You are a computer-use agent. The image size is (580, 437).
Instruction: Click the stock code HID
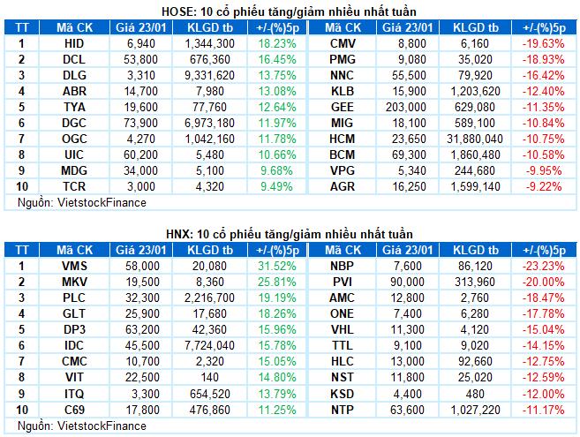coord(75,42)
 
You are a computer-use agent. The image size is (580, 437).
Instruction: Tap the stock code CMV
coord(343,42)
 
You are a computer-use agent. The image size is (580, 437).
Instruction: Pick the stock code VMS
coord(75,265)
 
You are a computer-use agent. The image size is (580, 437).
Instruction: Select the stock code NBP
coord(343,265)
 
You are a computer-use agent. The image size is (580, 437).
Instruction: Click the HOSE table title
coord(290,11)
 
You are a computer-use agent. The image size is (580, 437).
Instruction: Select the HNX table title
coord(290,233)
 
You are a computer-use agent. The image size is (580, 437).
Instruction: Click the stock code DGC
coord(75,123)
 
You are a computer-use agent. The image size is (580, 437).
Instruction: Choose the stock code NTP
coord(343,410)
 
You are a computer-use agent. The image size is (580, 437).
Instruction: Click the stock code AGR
coord(343,187)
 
